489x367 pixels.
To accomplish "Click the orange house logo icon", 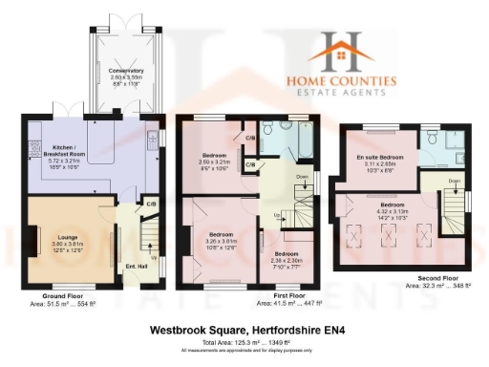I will [353, 50].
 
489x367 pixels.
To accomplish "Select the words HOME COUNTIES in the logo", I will [353, 81].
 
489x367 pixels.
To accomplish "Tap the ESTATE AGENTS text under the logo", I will [353, 93].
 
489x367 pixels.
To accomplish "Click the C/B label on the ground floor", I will [150, 204].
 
